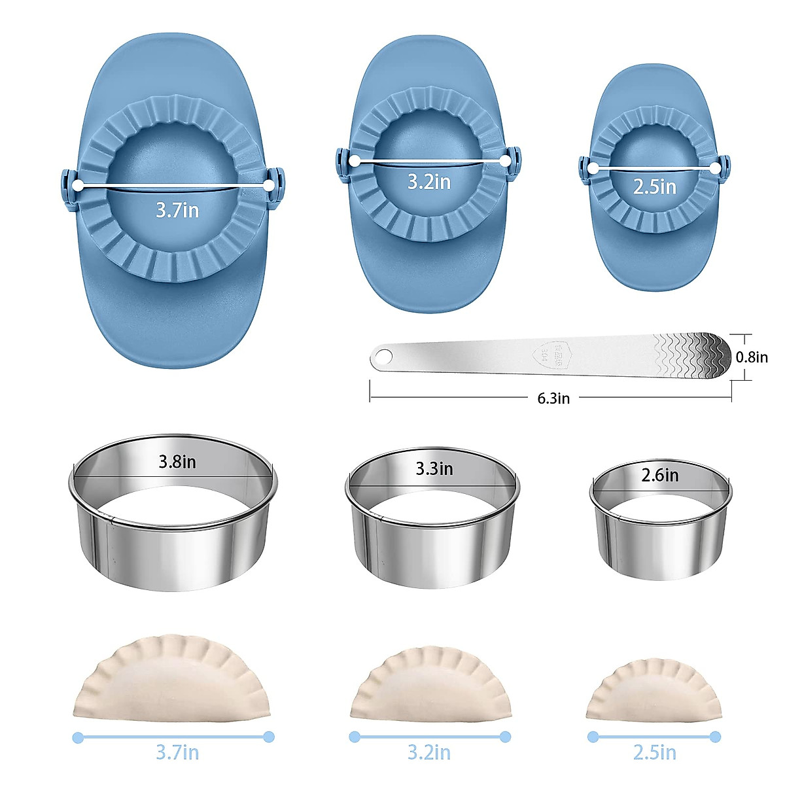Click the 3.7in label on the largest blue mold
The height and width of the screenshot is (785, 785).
[x=177, y=210]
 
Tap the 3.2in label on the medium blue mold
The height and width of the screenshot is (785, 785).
[x=429, y=181]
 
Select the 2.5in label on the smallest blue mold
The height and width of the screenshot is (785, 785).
[x=654, y=187]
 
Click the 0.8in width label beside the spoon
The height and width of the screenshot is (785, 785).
[x=752, y=357]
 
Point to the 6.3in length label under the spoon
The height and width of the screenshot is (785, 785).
[x=553, y=398]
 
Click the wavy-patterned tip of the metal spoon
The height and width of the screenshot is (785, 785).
[x=700, y=355]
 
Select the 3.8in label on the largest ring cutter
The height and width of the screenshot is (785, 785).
[x=177, y=462]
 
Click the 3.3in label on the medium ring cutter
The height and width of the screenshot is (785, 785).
[x=434, y=468]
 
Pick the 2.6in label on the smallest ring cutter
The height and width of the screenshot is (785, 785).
[x=659, y=475]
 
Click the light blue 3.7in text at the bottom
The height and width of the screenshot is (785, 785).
[x=177, y=752]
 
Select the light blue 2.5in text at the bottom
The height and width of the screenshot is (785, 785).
[x=654, y=752]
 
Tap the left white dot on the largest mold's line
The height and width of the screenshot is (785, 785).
[x=78, y=186]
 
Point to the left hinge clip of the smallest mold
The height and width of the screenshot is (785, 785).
[x=584, y=168]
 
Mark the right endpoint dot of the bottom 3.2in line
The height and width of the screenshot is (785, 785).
[x=504, y=737]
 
